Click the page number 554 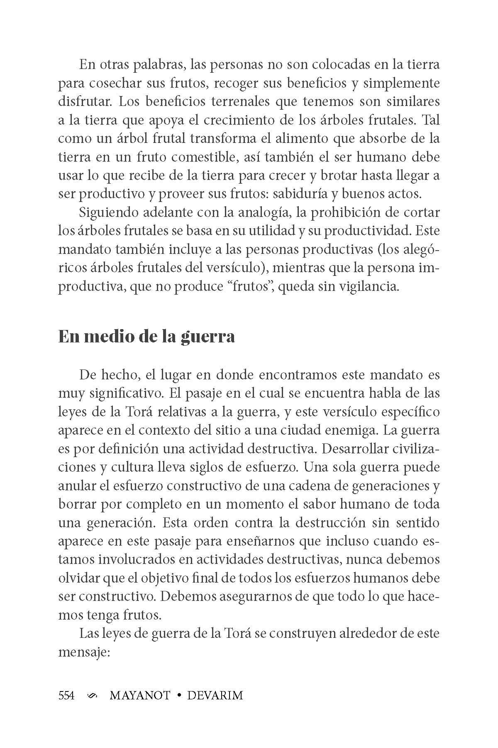[66, 696]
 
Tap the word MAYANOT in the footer [140, 696]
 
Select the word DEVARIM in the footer [215, 696]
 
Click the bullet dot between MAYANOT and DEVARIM [179, 696]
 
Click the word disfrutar [82, 102]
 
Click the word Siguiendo [108, 213]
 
